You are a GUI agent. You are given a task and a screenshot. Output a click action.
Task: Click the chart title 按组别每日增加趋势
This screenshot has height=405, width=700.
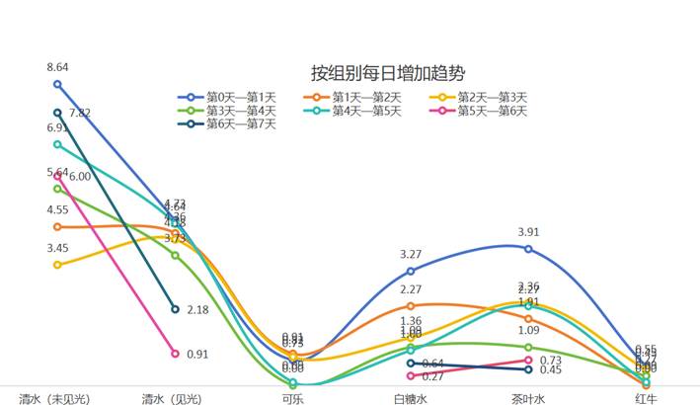[388, 73]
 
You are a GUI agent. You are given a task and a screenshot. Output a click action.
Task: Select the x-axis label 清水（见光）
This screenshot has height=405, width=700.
[175, 398]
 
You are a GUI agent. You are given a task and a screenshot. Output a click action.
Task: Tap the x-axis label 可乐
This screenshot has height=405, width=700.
[293, 398]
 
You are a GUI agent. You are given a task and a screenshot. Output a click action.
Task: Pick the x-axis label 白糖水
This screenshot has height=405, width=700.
[411, 398]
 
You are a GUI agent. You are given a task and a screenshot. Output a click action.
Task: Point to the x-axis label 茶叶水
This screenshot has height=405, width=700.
[528, 398]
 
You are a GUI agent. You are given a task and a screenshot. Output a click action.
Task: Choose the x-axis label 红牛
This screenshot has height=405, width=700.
[646, 398]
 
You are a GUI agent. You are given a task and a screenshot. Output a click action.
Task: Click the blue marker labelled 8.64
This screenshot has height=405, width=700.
[57, 84]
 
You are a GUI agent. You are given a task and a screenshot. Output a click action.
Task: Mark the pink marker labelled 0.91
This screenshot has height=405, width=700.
[175, 353]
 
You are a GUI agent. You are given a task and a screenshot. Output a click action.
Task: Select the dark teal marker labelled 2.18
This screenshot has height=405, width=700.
[175, 309]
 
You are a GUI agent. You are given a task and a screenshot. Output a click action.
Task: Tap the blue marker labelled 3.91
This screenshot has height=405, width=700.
[528, 248]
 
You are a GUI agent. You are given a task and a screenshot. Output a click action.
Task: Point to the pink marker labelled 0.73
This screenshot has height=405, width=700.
[528, 361]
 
